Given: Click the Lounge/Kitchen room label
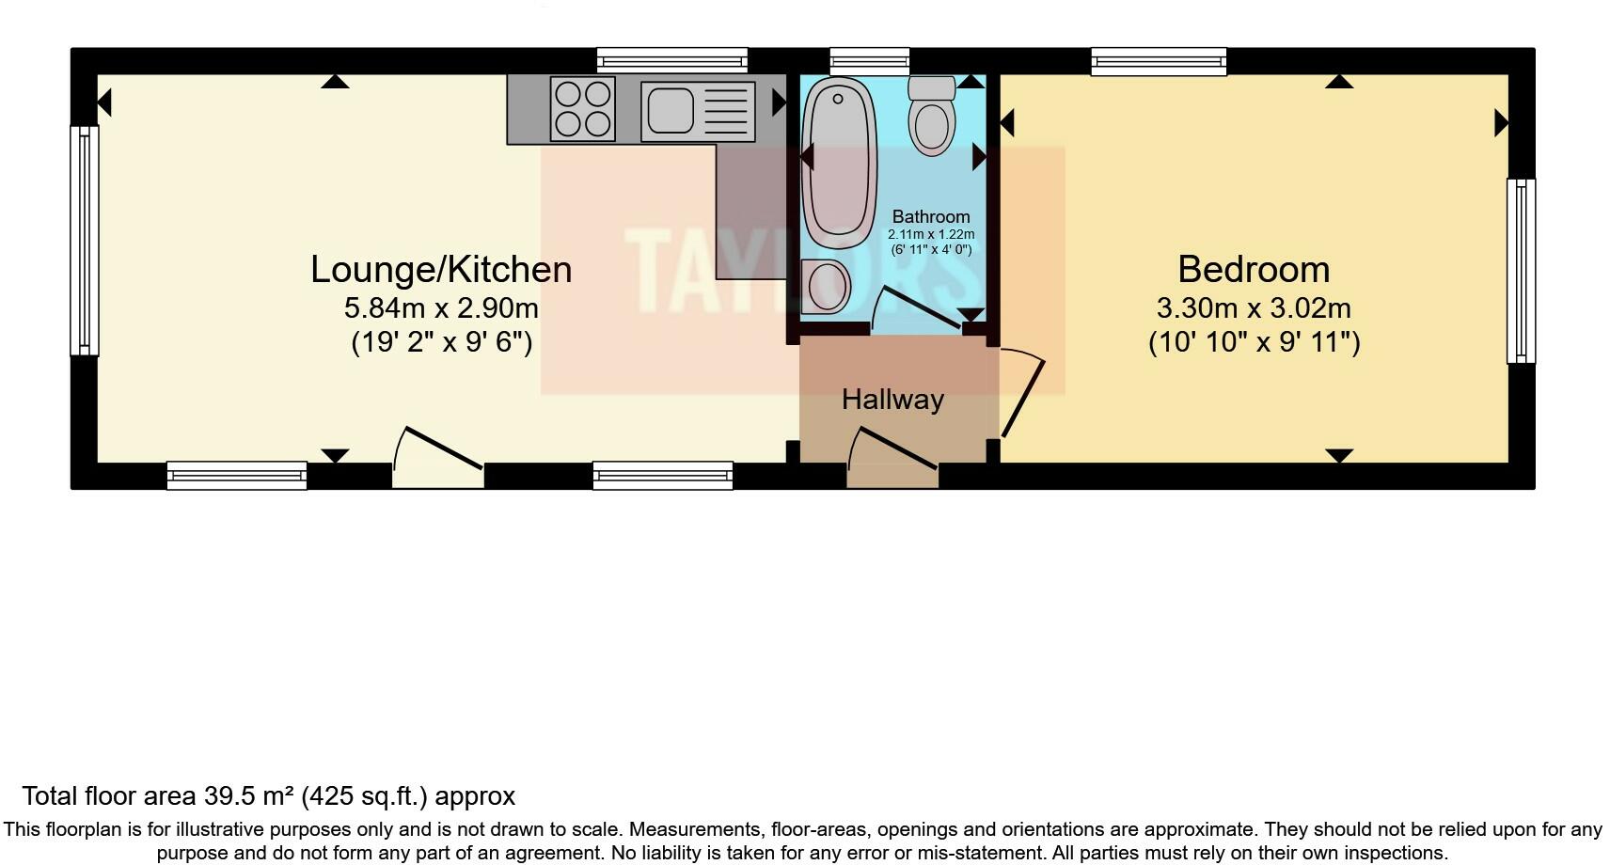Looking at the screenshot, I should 441,270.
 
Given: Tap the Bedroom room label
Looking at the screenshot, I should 1253,270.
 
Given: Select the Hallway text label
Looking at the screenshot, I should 892,400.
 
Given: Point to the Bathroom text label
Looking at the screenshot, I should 931,217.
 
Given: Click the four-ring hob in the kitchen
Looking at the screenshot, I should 583,109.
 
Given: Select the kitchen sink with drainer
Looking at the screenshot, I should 698,109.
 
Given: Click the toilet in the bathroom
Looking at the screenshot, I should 932,117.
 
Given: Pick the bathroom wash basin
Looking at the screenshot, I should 828,286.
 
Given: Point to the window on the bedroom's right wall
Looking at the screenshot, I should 1521,271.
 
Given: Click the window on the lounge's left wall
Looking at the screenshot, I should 85,241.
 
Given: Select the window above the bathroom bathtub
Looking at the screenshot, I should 870,61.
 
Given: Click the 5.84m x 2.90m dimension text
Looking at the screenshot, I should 441,308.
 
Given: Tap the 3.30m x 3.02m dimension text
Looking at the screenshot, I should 1253,308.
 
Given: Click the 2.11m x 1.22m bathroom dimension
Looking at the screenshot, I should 931,234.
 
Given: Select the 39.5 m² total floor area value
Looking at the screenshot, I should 249,796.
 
